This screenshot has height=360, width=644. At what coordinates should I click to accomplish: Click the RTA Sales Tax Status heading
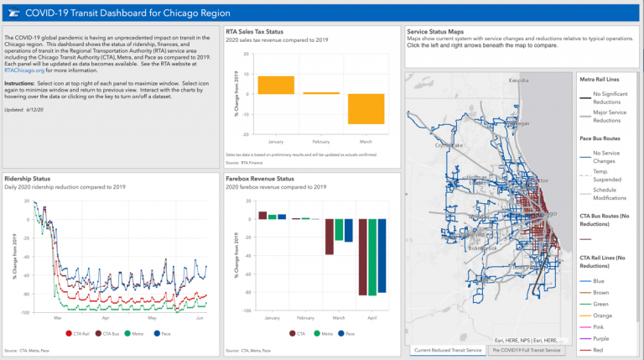tap(261, 32)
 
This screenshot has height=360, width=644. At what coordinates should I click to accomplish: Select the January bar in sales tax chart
tap(275, 85)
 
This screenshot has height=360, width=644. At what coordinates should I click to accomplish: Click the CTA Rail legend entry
tap(80, 333)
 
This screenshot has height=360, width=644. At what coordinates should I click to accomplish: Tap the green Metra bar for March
tap(340, 230)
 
